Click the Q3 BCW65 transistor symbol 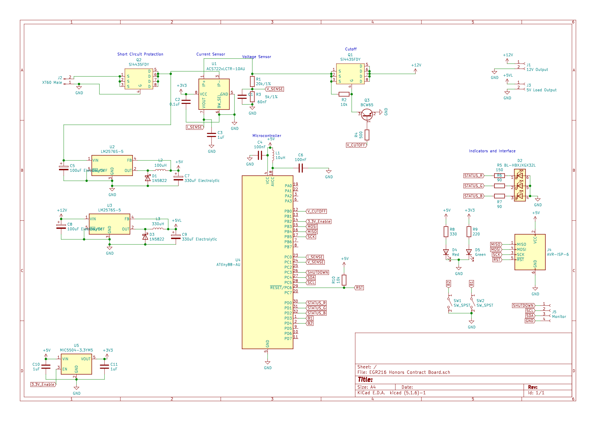click(x=367, y=114)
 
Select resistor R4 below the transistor click(x=367, y=135)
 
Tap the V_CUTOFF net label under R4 click(x=356, y=145)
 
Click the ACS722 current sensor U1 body click(x=214, y=94)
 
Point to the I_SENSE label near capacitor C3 click(x=195, y=127)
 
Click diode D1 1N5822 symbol click(x=148, y=178)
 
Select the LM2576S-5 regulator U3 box click(x=109, y=224)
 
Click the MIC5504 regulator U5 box click(x=76, y=364)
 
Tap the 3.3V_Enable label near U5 click(x=43, y=384)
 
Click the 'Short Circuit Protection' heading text click(x=140, y=54)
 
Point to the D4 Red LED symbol click(x=446, y=252)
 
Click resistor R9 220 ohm click(x=469, y=232)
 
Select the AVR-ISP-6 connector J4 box click(x=530, y=252)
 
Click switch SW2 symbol click(x=471, y=303)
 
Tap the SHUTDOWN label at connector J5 click(x=523, y=305)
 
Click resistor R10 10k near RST click(x=344, y=280)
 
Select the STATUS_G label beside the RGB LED click(x=473, y=186)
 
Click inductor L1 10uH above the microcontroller click(x=273, y=155)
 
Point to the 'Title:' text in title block click(x=365, y=380)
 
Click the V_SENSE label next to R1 click(x=274, y=89)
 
